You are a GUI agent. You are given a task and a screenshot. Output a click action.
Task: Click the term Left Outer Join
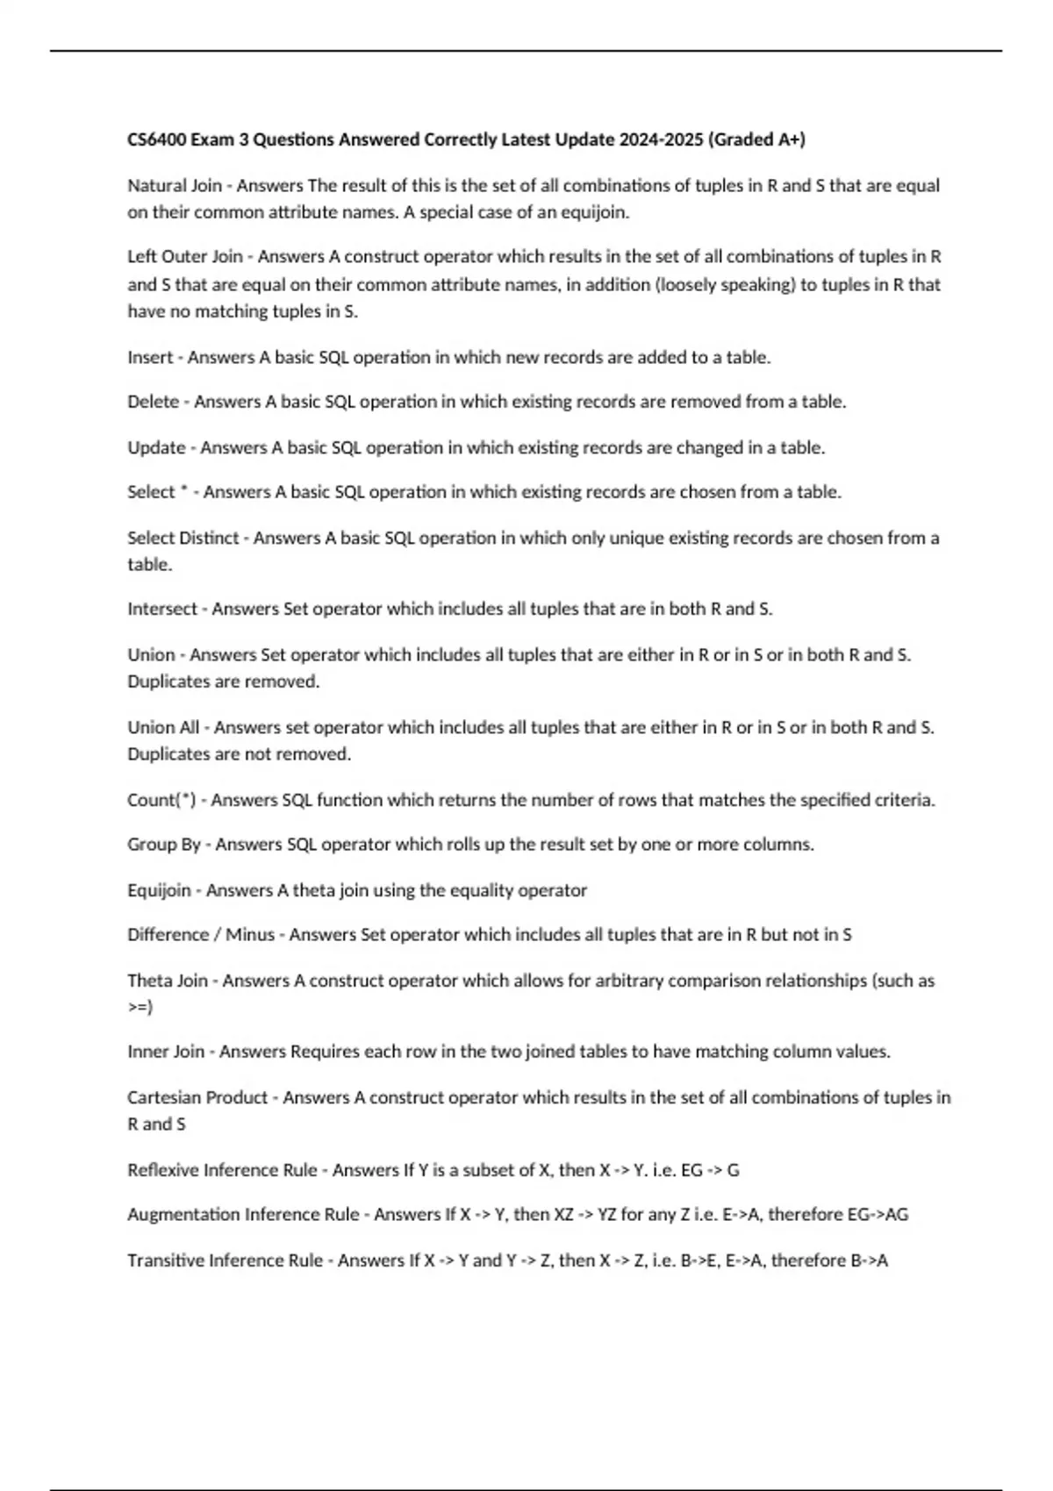pos(185,257)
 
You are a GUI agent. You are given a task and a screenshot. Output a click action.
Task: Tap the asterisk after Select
pos(184,490)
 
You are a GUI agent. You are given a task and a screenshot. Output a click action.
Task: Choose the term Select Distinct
pos(183,538)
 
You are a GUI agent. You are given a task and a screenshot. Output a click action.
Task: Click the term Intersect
pos(162,609)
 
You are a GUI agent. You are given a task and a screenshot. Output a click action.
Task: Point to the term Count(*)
pos(161,800)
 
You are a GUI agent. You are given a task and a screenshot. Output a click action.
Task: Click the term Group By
pos(164,845)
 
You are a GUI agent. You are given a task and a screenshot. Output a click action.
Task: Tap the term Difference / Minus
pos(201,935)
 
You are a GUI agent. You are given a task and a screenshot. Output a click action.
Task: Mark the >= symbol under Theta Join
pos(140,1007)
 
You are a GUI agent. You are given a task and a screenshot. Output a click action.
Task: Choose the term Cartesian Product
pos(197,1097)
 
